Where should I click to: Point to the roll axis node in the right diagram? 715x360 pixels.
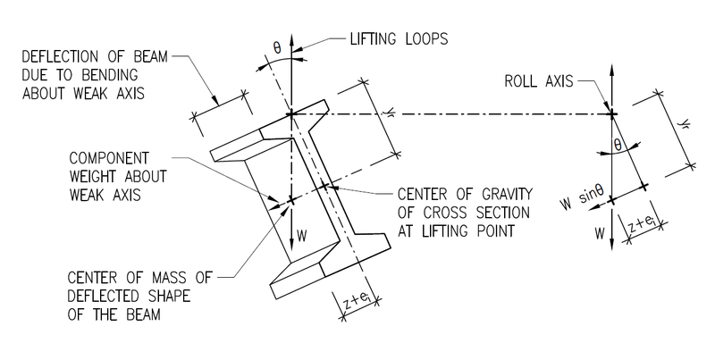611,113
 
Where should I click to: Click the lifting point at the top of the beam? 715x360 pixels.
291,114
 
